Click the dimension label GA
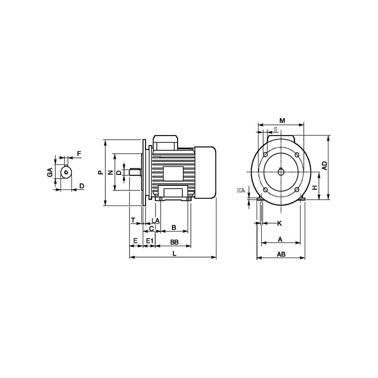point(50,172)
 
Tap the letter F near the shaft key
point(79,154)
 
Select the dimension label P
point(101,172)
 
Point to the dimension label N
point(111,172)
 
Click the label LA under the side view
point(155,220)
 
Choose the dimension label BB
point(174,242)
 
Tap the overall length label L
point(175,254)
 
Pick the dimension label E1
point(150,241)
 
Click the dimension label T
point(133,220)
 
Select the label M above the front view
point(282,120)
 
